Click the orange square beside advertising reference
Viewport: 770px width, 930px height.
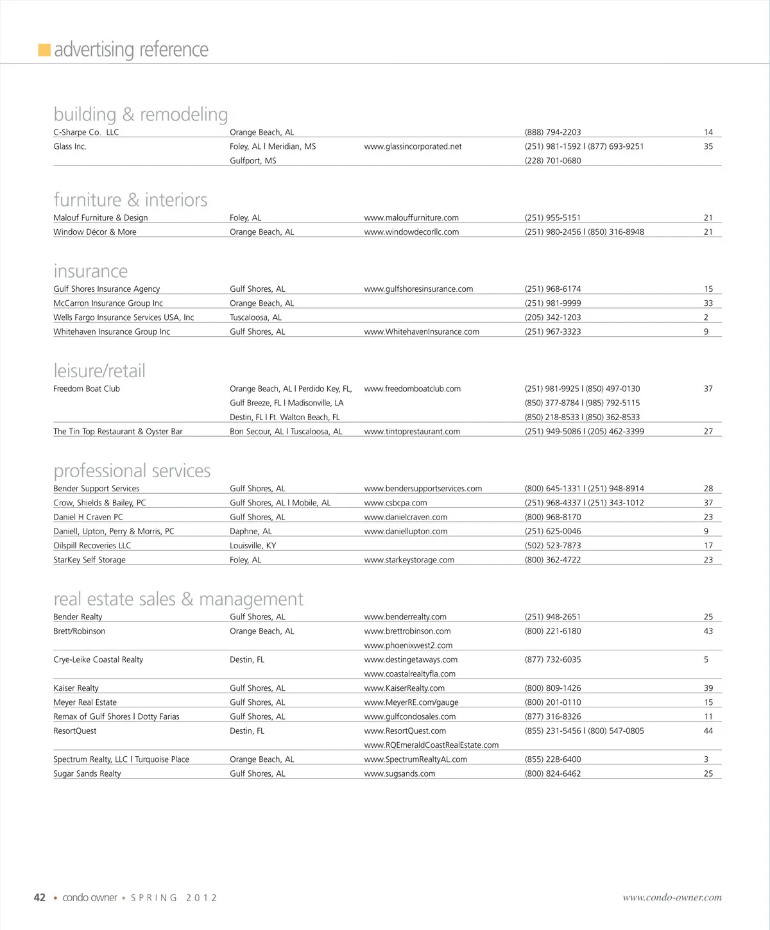[x=44, y=50]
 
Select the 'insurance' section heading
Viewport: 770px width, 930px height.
[x=90, y=271]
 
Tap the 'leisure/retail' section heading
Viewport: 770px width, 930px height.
[x=99, y=371]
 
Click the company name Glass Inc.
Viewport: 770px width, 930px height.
[x=70, y=146]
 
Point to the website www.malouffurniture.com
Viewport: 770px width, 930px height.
[x=411, y=218]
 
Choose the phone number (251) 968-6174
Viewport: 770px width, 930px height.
[x=552, y=289]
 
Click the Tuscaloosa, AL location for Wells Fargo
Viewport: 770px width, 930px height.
[x=255, y=317]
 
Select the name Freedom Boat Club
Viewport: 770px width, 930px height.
[x=87, y=389]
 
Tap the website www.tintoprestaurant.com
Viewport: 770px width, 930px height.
[x=412, y=432]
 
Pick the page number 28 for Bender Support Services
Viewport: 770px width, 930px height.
[x=708, y=489]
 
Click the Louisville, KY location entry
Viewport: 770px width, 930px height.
[x=253, y=546]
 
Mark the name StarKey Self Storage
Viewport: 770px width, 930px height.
[x=89, y=560]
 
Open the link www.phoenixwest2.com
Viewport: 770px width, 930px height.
[x=408, y=645]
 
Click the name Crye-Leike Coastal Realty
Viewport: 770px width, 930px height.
[x=98, y=659]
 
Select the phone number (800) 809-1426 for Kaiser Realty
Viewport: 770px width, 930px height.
[x=552, y=688]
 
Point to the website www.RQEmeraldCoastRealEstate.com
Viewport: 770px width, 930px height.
[x=431, y=745]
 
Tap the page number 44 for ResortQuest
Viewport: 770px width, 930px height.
[x=708, y=731]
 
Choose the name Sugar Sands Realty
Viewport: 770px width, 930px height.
[x=87, y=774]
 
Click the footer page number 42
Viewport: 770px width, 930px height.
[x=40, y=898]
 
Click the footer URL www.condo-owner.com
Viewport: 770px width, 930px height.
[x=672, y=898]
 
